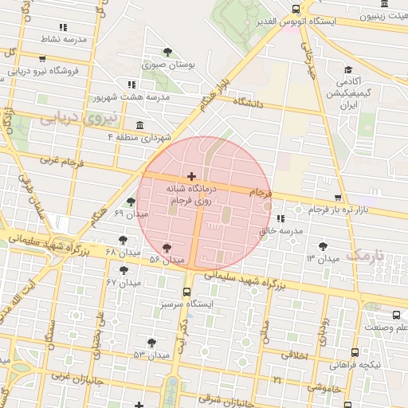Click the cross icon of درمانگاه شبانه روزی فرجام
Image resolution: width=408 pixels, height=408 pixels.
coord(190,176)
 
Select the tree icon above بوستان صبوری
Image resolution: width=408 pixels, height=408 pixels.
coord(167,53)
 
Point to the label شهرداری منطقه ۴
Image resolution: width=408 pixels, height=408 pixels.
coord(141,138)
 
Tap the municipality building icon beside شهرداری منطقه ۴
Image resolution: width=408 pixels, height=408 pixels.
coord(140,125)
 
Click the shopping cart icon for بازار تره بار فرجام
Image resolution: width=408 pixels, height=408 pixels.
coord(338,198)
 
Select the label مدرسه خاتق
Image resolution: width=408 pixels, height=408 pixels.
coord(281,230)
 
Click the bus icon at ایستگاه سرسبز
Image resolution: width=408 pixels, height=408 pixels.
coord(187,292)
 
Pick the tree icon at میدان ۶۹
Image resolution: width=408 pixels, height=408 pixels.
coord(131,202)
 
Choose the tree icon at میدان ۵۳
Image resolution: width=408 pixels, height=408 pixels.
coord(151,343)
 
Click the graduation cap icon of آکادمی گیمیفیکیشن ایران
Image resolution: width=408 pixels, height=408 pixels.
coord(348,70)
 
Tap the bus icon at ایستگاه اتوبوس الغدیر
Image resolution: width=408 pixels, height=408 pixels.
coord(296,9)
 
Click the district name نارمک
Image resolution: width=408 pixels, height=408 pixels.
coord(366,256)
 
